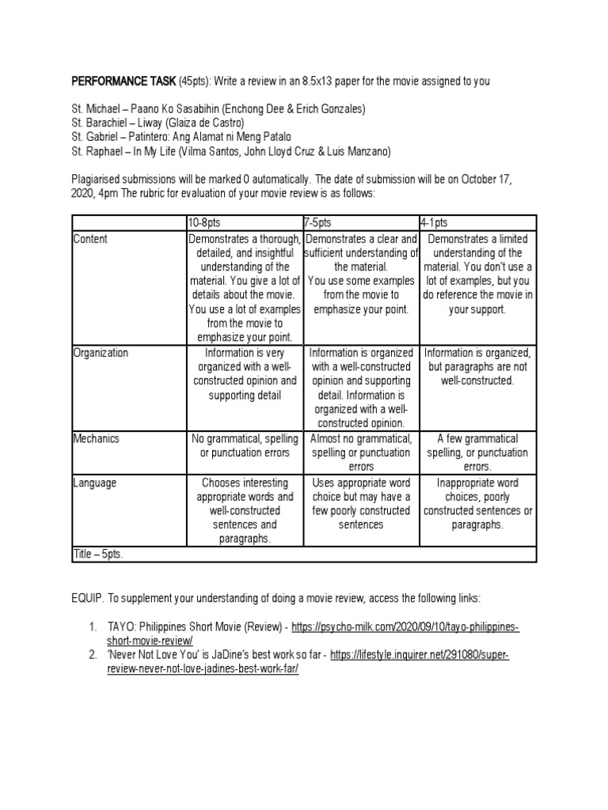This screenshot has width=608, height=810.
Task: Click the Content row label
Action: click(x=90, y=239)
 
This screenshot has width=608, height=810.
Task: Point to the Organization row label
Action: click(x=100, y=353)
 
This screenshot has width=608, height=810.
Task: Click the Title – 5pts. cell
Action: click(x=98, y=555)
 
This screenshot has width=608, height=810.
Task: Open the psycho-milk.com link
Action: click(x=405, y=626)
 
